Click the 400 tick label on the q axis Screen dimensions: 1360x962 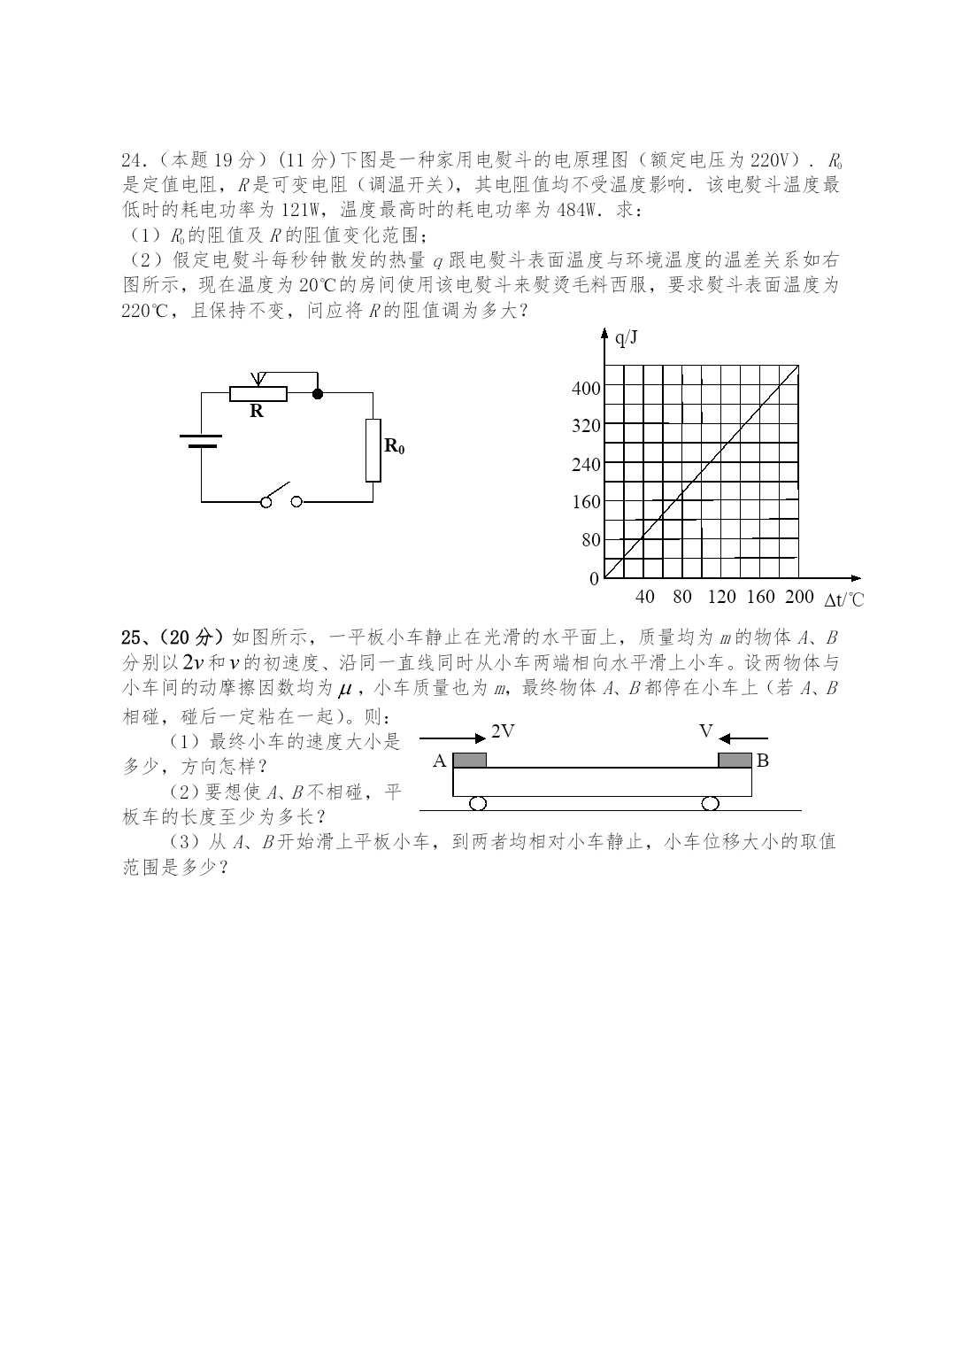(x=586, y=388)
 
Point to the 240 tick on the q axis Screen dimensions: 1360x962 (x=586, y=464)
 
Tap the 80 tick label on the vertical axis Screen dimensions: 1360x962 (x=590, y=540)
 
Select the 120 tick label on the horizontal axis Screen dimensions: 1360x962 (x=721, y=597)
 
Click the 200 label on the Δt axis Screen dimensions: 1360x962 (x=798, y=597)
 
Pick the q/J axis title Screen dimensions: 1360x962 (x=626, y=337)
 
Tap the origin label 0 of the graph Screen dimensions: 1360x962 (x=595, y=579)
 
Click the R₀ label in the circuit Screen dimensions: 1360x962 (x=394, y=446)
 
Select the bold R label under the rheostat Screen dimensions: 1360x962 (x=257, y=411)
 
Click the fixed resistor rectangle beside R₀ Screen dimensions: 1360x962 (x=373, y=451)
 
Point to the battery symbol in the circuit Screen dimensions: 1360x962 (x=202, y=441)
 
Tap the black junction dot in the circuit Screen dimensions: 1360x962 (x=318, y=392)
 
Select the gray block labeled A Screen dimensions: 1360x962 (x=470, y=761)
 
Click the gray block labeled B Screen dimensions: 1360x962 (x=735, y=761)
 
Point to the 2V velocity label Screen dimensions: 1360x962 (x=503, y=731)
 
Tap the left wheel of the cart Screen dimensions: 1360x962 (x=478, y=803)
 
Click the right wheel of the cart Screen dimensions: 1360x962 (x=710, y=803)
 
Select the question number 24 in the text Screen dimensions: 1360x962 (x=131, y=160)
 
